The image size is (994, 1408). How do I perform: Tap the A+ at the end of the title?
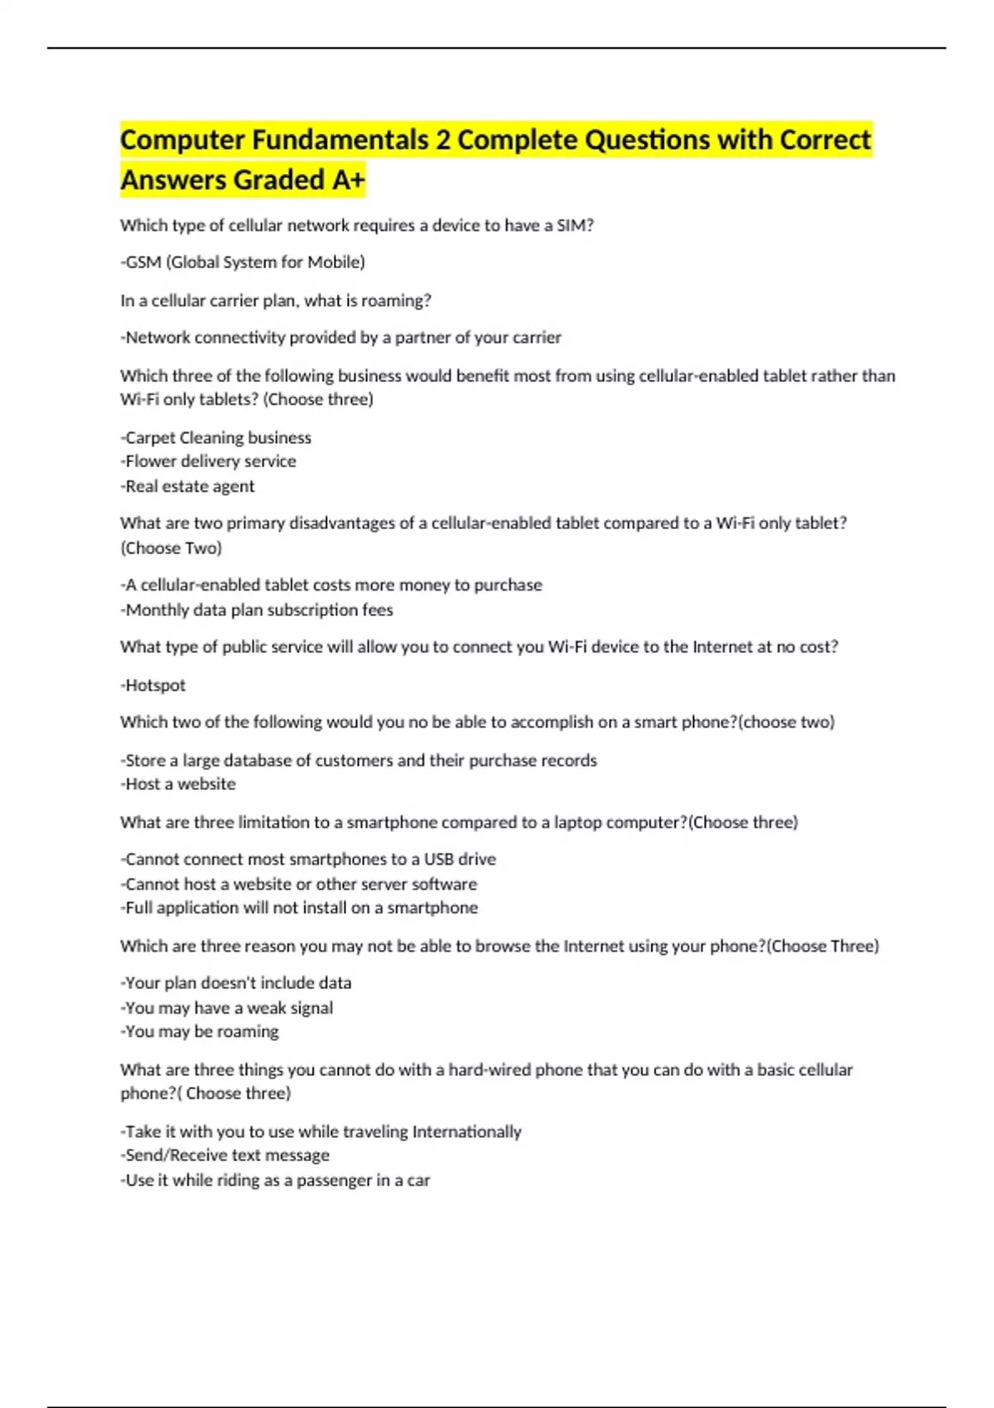point(348,180)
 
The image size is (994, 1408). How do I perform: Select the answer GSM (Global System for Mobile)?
point(243,263)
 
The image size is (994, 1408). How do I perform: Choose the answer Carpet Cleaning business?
point(216,437)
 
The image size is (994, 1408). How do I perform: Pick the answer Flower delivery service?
point(209,461)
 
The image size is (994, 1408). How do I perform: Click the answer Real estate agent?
point(188,486)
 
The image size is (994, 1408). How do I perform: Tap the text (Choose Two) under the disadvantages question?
point(171,547)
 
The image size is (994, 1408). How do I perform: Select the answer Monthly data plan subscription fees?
point(257,610)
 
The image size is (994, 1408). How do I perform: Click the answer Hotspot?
point(154,685)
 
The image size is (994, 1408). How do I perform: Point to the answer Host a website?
point(179,784)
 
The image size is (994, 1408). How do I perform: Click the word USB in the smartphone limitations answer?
point(439,859)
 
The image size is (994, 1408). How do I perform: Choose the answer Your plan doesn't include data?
point(236,983)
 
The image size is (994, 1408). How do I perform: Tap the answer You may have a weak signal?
point(227,1008)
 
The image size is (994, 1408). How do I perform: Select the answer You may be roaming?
point(200,1031)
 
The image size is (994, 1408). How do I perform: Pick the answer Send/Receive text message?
point(225,1155)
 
